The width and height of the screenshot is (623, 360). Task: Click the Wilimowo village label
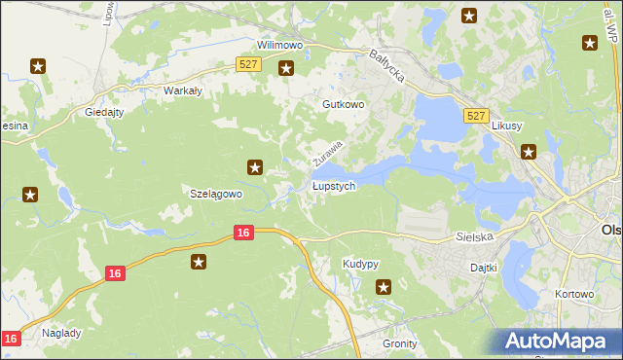point(280,45)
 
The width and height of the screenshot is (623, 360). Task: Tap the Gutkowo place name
point(343,103)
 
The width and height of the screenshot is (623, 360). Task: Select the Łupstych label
point(334,185)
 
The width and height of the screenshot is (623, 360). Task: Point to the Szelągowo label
point(214,194)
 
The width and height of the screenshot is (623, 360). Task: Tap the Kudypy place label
point(360,265)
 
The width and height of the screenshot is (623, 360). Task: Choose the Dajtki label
point(484,267)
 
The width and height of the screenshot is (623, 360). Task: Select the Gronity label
point(400,343)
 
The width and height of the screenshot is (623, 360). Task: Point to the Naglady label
point(61,332)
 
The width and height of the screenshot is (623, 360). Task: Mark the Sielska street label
point(475,236)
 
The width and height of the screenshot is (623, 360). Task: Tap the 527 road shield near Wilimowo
point(247,64)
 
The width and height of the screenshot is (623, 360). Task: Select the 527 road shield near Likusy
point(475,116)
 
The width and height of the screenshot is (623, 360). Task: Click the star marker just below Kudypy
point(384,286)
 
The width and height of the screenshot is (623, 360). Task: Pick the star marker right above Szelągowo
point(255,167)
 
